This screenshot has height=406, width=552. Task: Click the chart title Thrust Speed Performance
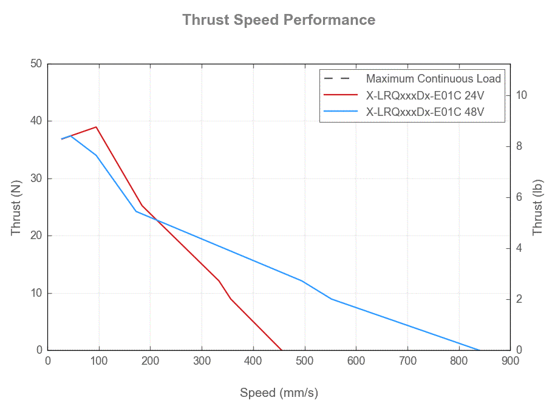click(279, 19)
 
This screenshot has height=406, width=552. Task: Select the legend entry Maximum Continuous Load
click(433, 78)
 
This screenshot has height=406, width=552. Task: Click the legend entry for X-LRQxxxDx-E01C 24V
click(424, 95)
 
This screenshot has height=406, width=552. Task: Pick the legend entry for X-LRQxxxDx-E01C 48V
click(424, 112)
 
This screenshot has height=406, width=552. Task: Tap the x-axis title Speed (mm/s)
click(279, 393)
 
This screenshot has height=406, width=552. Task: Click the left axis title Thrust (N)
click(16, 208)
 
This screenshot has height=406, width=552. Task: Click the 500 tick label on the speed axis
click(304, 362)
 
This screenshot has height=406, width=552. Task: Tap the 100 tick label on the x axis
click(99, 362)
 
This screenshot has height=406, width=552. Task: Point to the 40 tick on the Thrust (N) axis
click(36, 121)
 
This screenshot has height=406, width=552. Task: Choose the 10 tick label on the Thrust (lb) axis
click(522, 95)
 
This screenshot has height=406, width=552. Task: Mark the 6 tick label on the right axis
click(519, 197)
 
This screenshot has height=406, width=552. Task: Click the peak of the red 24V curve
click(96, 127)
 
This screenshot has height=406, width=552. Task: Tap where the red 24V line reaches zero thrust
click(281, 350)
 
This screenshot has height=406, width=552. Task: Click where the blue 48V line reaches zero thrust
click(480, 350)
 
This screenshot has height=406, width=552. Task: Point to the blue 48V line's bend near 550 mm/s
click(331, 299)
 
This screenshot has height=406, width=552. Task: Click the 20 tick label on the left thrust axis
click(36, 235)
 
